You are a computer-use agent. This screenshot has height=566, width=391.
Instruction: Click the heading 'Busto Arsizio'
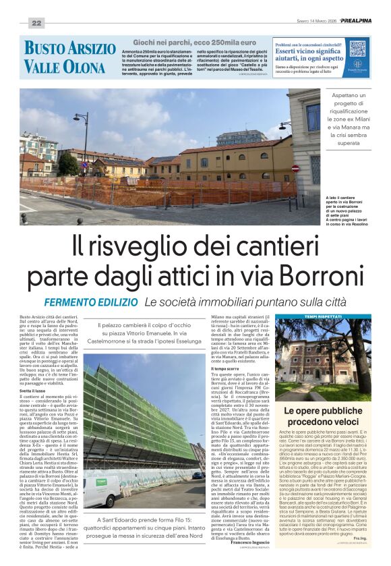click(70, 49)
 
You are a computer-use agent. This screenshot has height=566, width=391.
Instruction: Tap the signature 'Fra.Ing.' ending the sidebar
click(360, 538)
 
